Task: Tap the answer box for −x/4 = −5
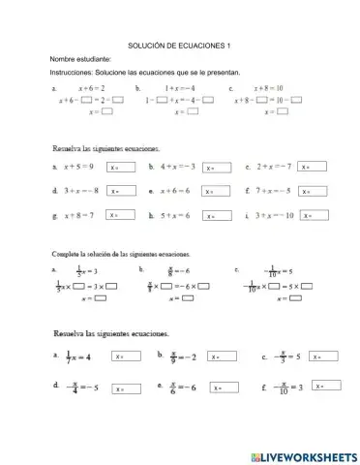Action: (126, 388)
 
